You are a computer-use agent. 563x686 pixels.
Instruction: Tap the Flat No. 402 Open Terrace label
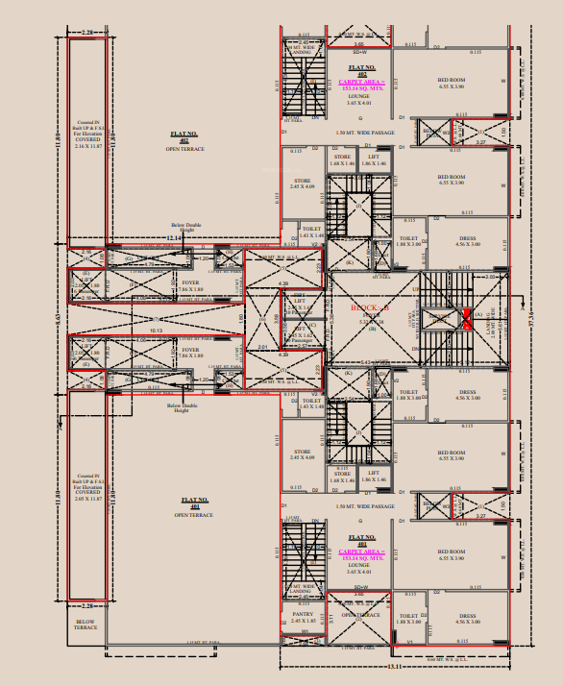click(x=184, y=145)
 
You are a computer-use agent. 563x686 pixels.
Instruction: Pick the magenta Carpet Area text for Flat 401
click(x=361, y=552)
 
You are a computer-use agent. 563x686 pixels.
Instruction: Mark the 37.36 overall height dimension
click(x=532, y=318)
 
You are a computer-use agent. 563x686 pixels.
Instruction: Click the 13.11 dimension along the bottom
click(x=393, y=666)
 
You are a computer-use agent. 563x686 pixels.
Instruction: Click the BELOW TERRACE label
click(x=86, y=625)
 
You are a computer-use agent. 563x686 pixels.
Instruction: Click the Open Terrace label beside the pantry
click(x=361, y=615)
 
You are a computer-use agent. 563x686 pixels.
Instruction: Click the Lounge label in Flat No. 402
click(x=358, y=97)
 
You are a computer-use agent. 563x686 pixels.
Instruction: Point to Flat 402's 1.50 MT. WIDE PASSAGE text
click(x=365, y=132)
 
